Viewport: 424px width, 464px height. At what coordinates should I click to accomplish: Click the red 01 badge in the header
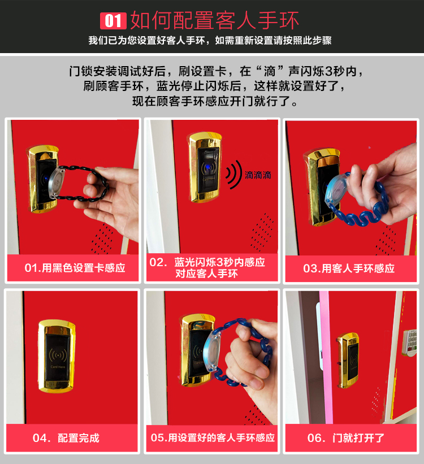[x=113, y=21]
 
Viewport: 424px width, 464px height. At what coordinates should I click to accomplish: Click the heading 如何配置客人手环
[x=215, y=20]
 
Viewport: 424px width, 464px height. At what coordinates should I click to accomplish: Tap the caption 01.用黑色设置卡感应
[x=75, y=268]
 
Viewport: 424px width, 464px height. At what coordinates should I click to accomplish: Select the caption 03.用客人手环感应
[x=349, y=268]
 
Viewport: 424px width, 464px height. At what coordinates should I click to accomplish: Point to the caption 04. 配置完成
[x=66, y=438]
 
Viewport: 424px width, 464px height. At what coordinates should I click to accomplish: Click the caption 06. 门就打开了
[x=346, y=438]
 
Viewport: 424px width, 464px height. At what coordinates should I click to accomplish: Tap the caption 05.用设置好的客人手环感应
[x=213, y=437]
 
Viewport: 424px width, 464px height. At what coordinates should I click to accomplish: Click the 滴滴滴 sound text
[x=258, y=175]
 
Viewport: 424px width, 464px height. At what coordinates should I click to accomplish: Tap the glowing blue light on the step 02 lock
[x=208, y=168]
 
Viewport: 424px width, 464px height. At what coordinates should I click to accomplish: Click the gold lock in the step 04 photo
[x=57, y=355]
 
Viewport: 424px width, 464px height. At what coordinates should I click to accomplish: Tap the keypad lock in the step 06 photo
[x=410, y=342]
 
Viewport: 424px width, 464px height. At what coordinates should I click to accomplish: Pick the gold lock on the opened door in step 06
[x=348, y=360]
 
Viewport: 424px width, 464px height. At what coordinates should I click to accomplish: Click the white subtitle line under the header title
[x=210, y=40]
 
